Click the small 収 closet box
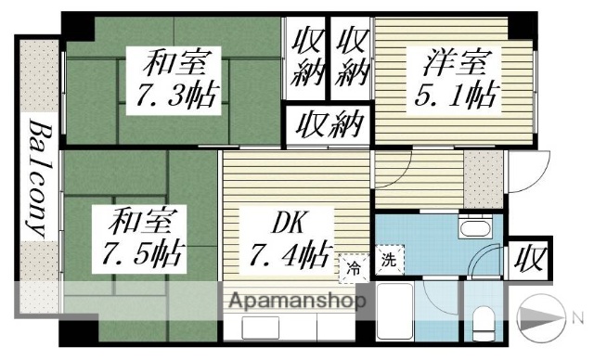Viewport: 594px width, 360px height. tap(530, 256)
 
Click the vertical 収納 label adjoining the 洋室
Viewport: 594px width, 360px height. tap(352, 58)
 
